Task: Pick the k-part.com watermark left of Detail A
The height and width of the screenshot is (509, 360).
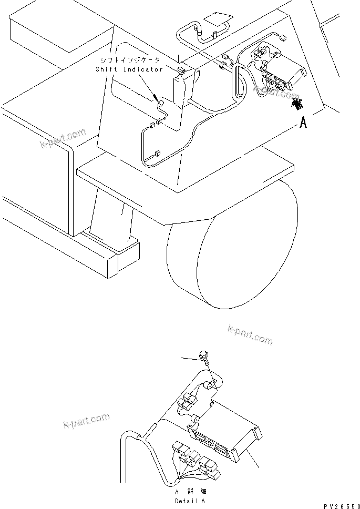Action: pyautogui.click(x=86, y=421)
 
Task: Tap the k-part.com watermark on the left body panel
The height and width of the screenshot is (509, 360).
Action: pyautogui.click(x=63, y=138)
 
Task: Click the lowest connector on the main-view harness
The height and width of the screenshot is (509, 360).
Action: pyautogui.click(x=157, y=155)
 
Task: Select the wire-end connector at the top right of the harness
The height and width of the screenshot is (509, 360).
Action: pyautogui.click(x=284, y=38)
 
